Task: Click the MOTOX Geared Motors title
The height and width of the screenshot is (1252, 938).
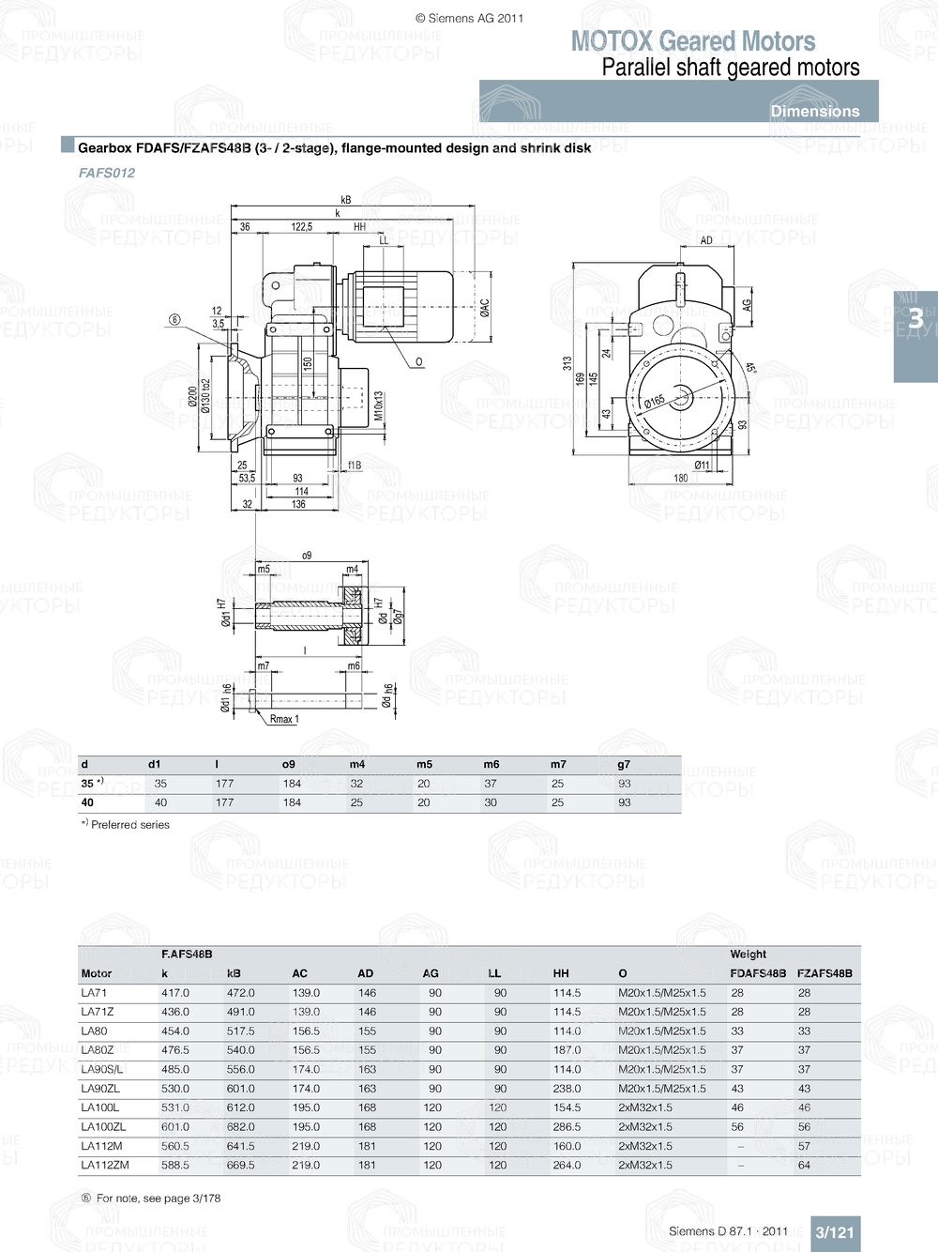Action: (x=693, y=41)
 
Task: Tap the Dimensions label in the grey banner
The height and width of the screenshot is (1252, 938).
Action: (x=814, y=111)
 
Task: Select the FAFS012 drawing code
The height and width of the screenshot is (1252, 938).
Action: (x=107, y=173)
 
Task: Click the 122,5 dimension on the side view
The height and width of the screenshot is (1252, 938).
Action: (x=301, y=227)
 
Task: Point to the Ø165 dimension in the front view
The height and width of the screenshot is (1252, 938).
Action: (x=654, y=402)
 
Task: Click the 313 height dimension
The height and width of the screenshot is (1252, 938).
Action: (x=567, y=363)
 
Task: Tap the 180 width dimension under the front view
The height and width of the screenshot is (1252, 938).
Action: (x=681, y=478)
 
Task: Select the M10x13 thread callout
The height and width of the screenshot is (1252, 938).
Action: (x=379, y=406)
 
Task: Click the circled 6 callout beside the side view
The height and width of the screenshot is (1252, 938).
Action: (x=174, y=320)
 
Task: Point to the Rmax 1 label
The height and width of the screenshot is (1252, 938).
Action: (x=284, y=720)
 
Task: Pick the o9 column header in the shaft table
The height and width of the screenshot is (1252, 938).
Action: (x=289, y=764)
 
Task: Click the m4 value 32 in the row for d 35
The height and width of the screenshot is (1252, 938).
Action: (x=356, y=784)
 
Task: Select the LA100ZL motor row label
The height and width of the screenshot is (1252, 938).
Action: (x=103, y=1126)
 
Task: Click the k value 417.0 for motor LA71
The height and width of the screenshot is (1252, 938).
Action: (x=174, y=993)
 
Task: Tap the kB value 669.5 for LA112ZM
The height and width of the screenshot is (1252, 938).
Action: (x=240, y=1165)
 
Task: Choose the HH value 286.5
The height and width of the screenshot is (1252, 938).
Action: (x=567, y=1126)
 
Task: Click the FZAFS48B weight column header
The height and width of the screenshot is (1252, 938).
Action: (x=825, y=973)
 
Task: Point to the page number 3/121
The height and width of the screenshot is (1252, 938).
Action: (x=834, y=1232)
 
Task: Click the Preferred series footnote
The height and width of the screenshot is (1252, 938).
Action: (x=129, y=825)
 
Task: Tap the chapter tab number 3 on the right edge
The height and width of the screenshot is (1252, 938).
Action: (x=915, y=319)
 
